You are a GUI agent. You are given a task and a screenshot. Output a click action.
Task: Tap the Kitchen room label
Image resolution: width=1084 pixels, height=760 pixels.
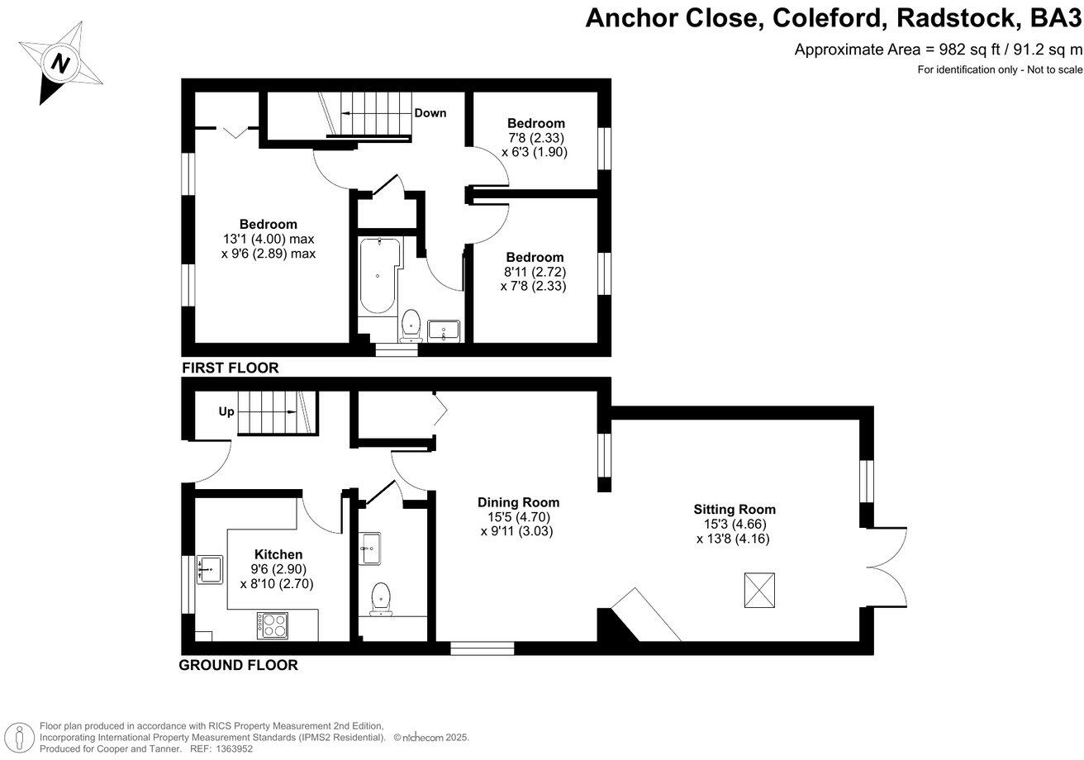coord(278,554)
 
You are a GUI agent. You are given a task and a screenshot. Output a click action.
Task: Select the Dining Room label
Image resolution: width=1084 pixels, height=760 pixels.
coord(518,502)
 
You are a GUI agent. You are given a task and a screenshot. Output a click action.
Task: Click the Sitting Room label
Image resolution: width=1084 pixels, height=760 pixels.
coord(734,509)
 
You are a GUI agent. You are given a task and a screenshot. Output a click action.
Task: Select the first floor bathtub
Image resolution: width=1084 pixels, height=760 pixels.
coord(378,277)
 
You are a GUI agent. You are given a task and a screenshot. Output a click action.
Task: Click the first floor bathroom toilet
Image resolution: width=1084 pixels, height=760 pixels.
coord(411,325)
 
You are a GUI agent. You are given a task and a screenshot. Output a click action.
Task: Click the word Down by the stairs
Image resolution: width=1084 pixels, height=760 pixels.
coord(430,112)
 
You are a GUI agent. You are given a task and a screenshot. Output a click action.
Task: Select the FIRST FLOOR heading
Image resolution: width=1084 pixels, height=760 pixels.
coord(231,368)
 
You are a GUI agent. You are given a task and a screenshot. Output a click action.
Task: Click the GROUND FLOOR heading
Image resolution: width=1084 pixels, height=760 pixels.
coord(239,665)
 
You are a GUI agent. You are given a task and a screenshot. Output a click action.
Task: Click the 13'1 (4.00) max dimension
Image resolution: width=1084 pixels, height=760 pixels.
coord(269,240)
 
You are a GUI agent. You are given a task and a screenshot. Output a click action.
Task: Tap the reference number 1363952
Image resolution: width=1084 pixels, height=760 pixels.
coord(231,748)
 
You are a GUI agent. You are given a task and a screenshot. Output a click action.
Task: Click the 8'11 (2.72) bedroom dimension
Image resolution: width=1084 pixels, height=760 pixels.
coord(535,272)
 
